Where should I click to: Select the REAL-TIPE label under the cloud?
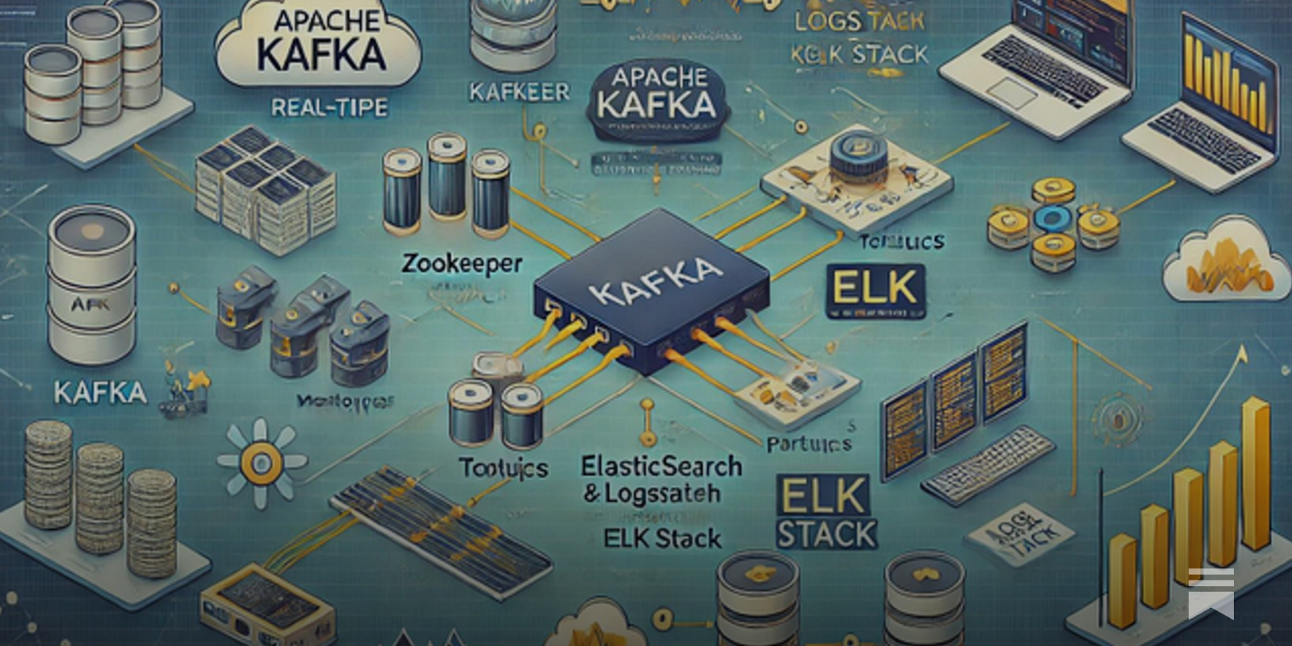[329, 107]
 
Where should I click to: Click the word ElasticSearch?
[661, 466]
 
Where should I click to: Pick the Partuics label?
[809, 443]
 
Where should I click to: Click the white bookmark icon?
[1210, 592]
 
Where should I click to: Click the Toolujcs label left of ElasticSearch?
[503, 468]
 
